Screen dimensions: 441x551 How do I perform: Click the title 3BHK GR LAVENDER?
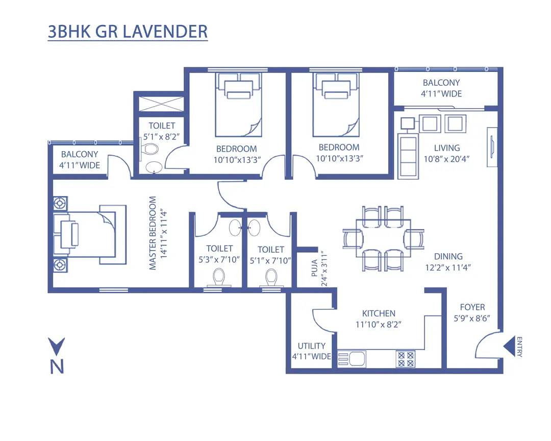pos(128,32)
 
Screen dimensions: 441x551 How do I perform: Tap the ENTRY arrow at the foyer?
pos(510,347)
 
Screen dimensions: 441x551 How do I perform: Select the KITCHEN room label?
pos(379,313)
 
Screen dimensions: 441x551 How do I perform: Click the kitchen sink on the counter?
pos(351,359)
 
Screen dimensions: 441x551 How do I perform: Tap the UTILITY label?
pos(312,346)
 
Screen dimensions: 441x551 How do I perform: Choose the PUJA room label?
pos(314,267)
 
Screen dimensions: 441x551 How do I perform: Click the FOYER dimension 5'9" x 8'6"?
pos(472,318)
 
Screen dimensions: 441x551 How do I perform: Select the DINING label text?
pos(448,256)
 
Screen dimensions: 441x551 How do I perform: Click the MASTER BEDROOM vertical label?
pos(153,233)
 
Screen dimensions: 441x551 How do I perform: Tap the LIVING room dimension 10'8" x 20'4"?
pos(446,159)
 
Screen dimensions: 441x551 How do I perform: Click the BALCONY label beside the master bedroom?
pos(80,154)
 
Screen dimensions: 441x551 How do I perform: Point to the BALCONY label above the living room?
pos(441,83)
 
